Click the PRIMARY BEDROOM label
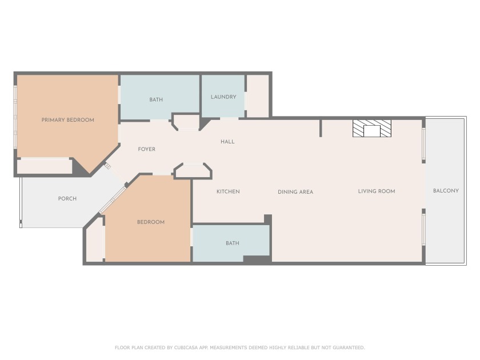(67, 120)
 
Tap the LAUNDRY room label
(223, 97)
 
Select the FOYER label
(147, 149)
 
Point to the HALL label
(227, 142)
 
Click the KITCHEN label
(228, 191)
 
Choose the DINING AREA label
(295, 192)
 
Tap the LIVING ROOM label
(377, 191)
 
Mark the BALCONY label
(446, 191)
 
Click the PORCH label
(67, 199)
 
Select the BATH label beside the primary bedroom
(156, 99)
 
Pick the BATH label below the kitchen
(233, 243)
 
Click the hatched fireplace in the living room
(372, 128)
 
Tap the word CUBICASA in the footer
(186, 347)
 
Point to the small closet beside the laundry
(258, 96)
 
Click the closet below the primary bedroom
(43, 166)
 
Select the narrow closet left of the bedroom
(95, 239)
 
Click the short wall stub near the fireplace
(321, 128)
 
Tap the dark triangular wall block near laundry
(204, 123)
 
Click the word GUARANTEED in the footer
(349, 347)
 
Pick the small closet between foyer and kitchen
(193, 171)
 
